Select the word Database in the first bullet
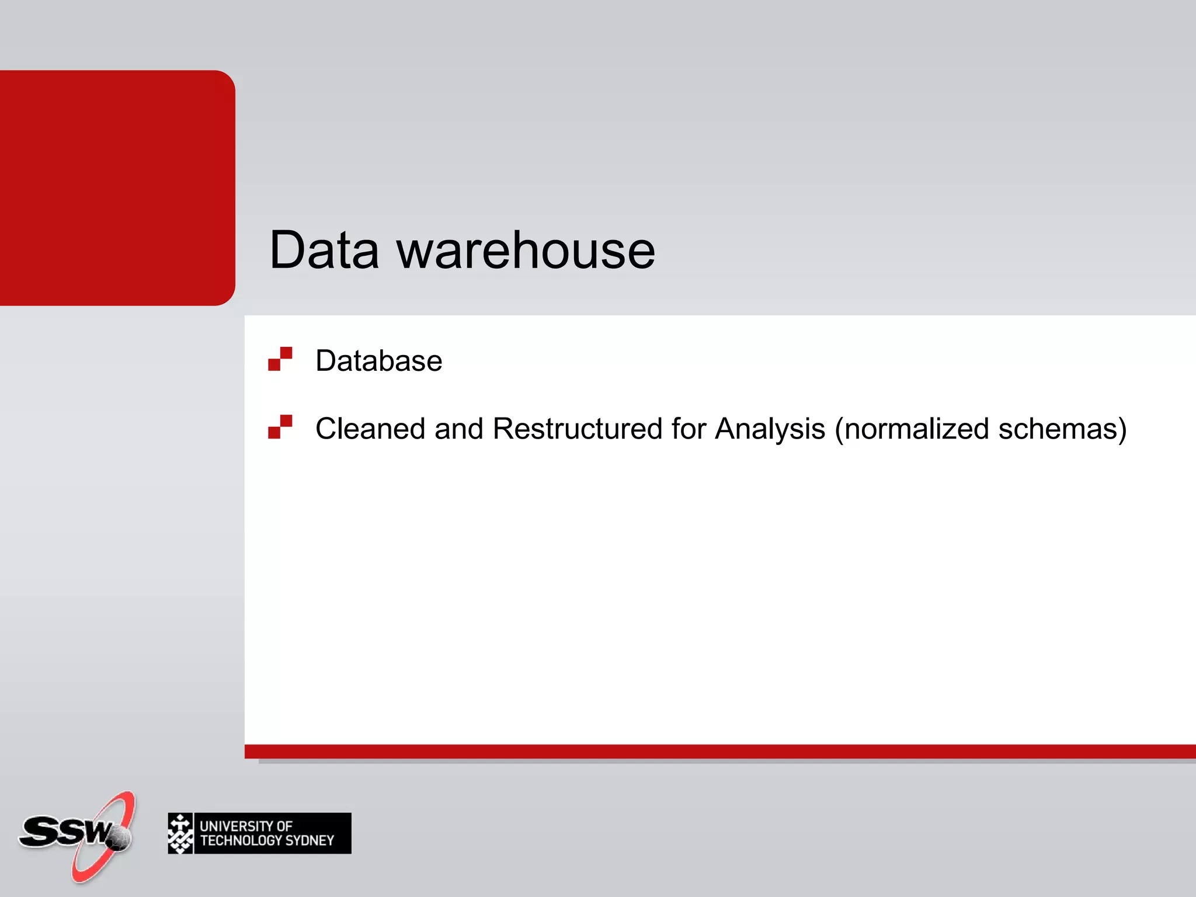[378, 360]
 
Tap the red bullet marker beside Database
[280, 359]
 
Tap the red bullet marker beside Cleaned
[280, 426]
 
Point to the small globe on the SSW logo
[120, 839]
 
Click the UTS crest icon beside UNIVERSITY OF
[180, 833]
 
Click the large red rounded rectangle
[117, 187]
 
